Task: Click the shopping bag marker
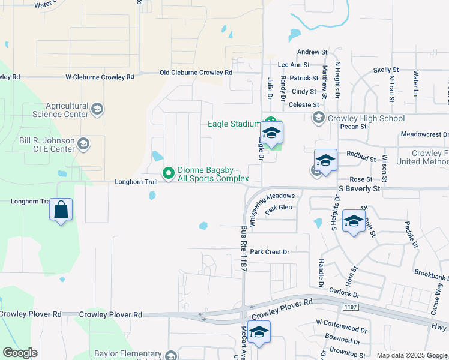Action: (61, 210)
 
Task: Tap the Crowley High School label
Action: (366, 118)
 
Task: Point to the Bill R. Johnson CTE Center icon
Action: (83, 144)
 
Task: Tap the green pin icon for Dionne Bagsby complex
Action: (169, 173)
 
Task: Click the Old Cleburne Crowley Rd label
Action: (196, 73)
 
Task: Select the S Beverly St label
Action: (360, 188)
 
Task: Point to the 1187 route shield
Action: (351, 307)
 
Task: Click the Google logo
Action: (20, 353)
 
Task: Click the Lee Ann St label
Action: (294, 65)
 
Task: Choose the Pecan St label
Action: (352, 127)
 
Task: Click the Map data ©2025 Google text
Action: (412, 355)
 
